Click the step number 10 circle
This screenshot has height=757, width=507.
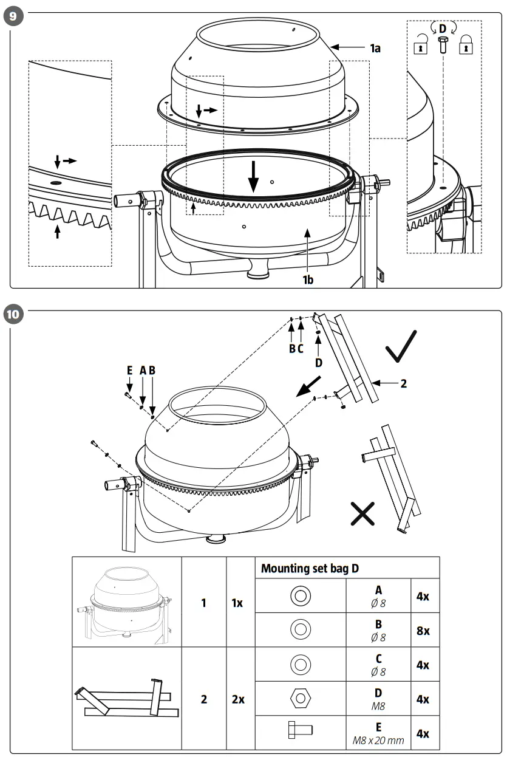[x=13, y=314]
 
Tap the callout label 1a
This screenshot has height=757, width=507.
[x=375, y=48]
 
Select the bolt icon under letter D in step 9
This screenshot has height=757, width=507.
[x=443, y=46]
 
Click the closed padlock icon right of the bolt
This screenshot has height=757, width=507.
[x=466, y=46]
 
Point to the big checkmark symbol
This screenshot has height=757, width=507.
[x=401, y=347]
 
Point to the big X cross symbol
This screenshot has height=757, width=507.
[x=362, y=515]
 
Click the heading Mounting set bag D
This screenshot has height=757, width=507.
[x=310, y=568]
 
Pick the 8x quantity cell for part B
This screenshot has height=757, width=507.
[x=423, y=631]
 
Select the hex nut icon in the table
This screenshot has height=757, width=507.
[x=300, y=699]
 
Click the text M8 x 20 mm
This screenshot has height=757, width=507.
[x=378, y=741]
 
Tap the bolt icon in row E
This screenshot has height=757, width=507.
[x=300, y=733]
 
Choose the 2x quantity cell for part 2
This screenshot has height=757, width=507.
[x=238, y=699]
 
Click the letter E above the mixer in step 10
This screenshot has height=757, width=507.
[x=129, y=370]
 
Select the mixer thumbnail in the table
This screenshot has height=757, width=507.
[x=126, y=603]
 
